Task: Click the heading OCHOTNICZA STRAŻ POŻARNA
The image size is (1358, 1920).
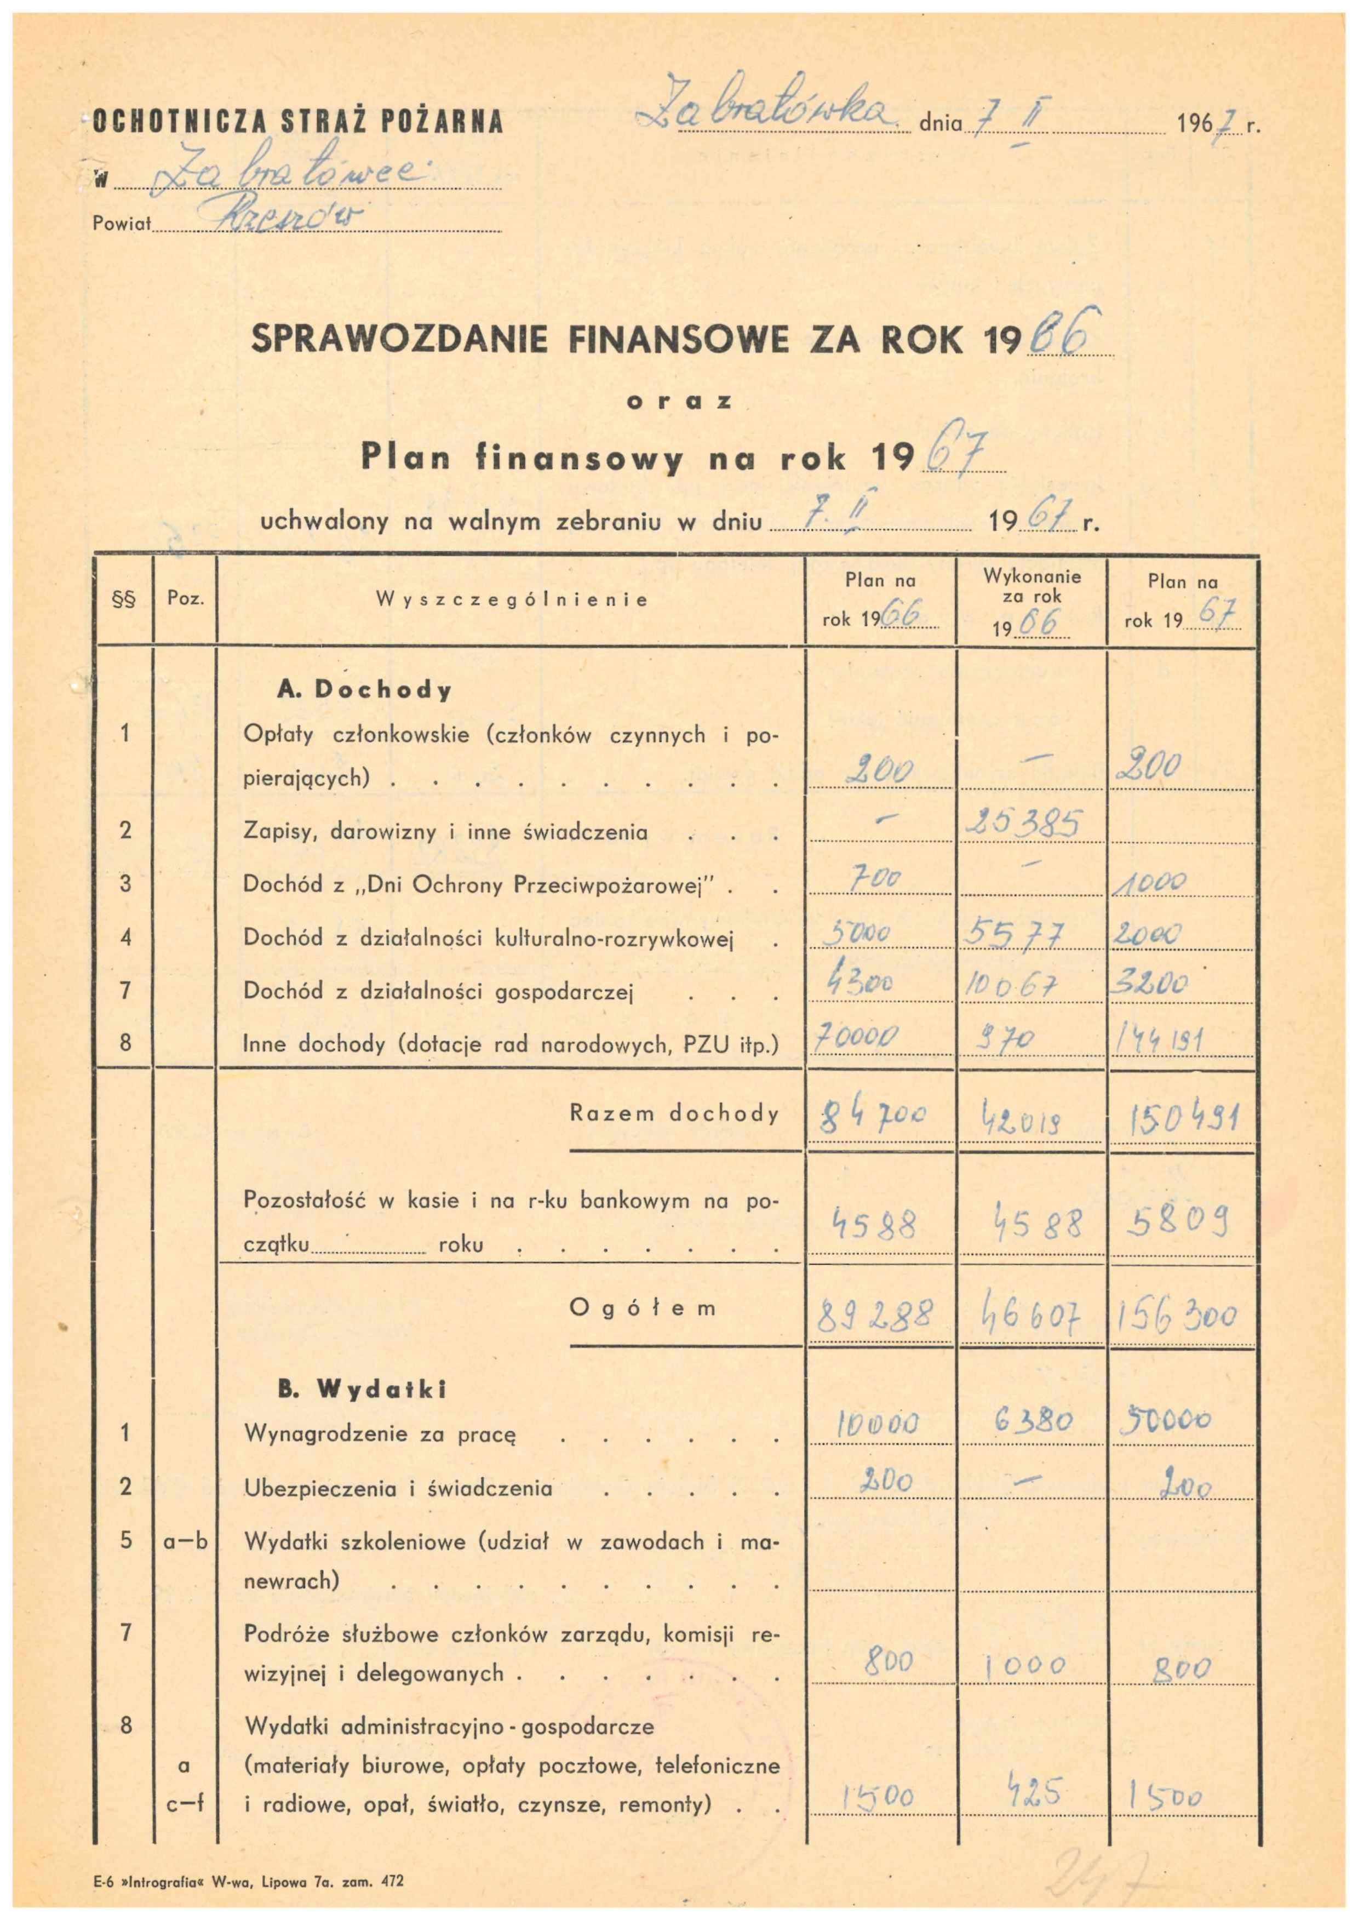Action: point(297,122)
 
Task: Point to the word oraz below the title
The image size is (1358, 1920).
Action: point(680,402)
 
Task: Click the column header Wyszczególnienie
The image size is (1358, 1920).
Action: point(512,599)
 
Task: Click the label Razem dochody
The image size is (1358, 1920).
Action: point(674,1113)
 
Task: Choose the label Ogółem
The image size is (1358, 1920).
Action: point(642,1308)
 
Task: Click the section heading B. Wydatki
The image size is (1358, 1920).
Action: point(362,1389)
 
